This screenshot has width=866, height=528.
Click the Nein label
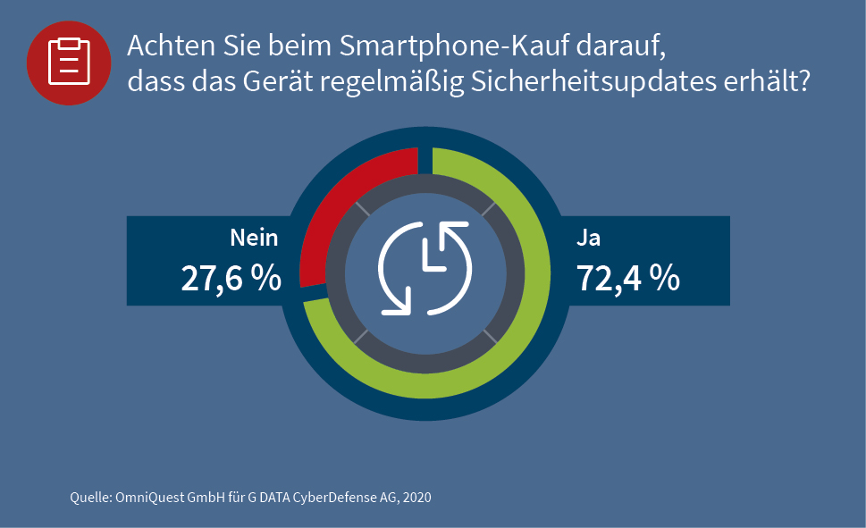pos(254,238)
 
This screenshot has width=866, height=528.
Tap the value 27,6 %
pos(231,279)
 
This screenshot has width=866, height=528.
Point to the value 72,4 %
pos(627,279)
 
